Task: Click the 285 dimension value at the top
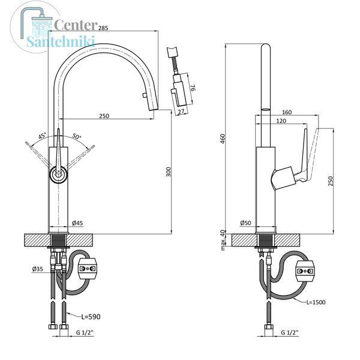click(x=103, y=28)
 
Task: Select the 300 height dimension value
click(x=169, y=172)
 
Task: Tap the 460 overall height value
click(x=223, y=139)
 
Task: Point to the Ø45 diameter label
click(x=77, y=223)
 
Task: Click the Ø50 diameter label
click(x=245, y=223)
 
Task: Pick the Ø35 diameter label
click(x=38, y=269)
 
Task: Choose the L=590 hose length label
click(x=91, y=317)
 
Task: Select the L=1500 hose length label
click(x=316, y=302)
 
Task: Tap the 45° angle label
click(x=42, y=136)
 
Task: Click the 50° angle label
click(x=77, y=136)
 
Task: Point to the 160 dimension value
click(x=287, y=112)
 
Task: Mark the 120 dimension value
click(x=281, y=121)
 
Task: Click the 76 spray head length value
click(x=193, y=88)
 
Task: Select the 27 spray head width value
click(x=181, y=112)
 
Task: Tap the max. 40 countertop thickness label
click(x=223, y=240)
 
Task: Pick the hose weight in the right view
click(x=305, y=271)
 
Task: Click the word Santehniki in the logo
click(x=61, y=41)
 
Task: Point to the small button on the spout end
click(x=144, y=95)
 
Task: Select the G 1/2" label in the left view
click(x=85, y=332)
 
